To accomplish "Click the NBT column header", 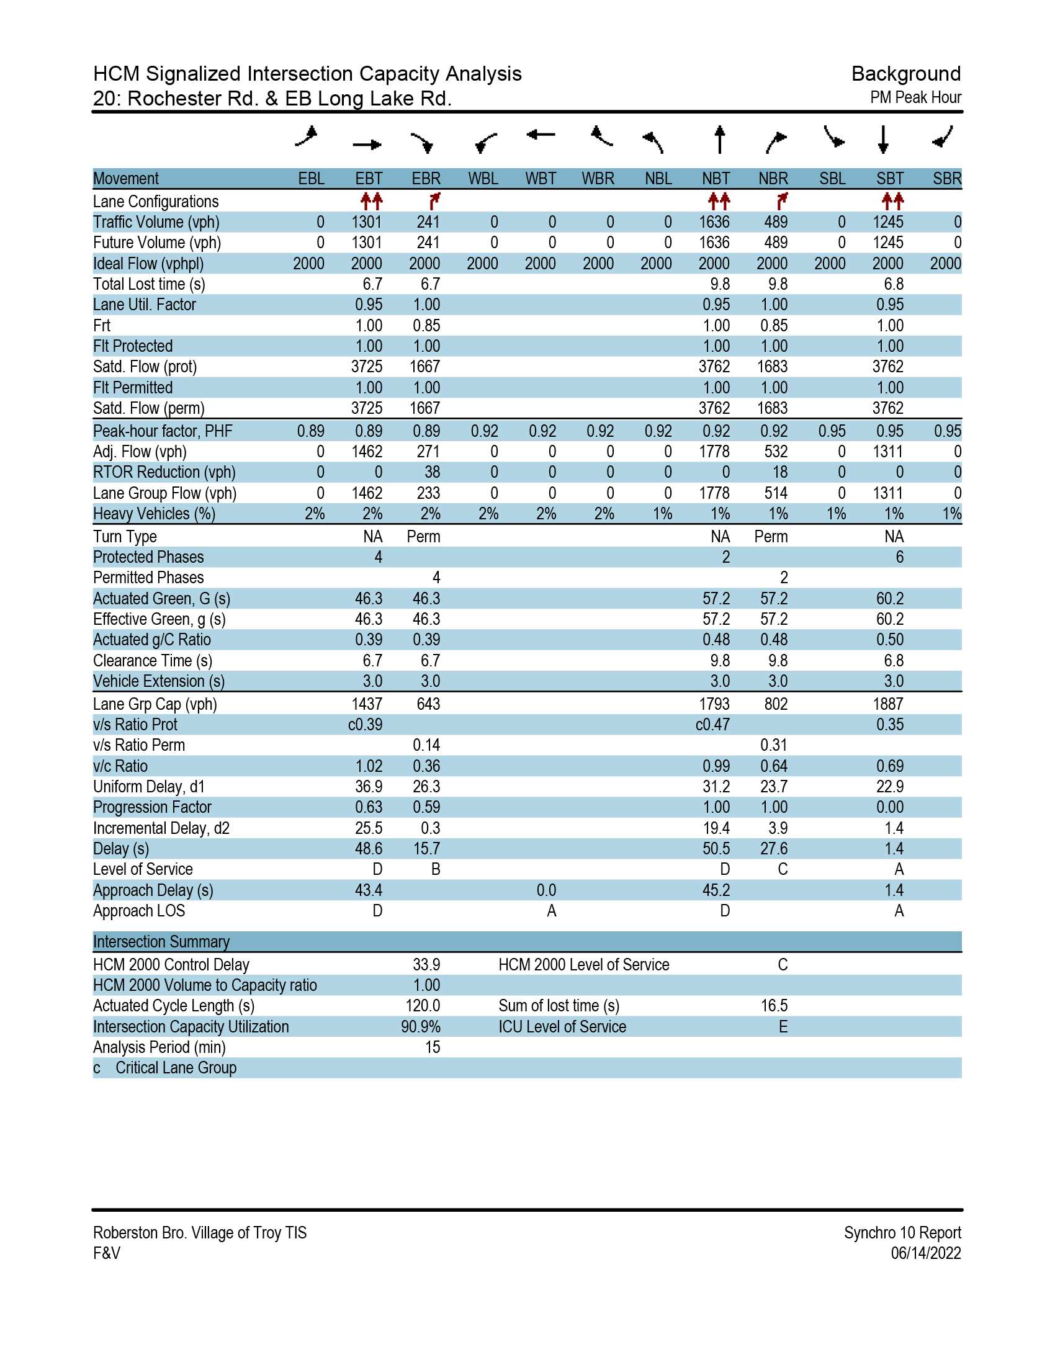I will pyautogui.click(x=715, y=179).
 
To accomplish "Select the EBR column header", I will pyautogui.click(x=426, y=179).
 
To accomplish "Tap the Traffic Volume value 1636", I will pyautogui.click(x=714, y=222).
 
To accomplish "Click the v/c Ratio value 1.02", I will pyautogui.click(x=369, y=766).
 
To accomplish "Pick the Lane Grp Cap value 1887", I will pyautogui.click(x=887, y=704).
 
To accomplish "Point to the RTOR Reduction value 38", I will pyautogui.click(x=432, y=472).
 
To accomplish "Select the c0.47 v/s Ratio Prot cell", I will pyautogui.click(x=712, y=724).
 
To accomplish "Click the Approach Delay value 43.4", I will pyautogui.click(x=369, y=890).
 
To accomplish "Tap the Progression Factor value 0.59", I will pyautogui.click(x=426, y=807).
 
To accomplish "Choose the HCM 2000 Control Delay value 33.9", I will pyautogui.click(x=426, y=964).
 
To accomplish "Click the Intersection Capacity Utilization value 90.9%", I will pyautogui.click(x=421, y=1026).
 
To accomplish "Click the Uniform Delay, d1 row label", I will pyautogui.click(x=149, y=786).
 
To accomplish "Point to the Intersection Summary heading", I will pyautogui.click(x=161, y=941).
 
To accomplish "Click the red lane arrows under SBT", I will pyautogui.click(x=892, y=201).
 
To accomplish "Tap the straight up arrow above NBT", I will pyautogui.click(x=719, y=140).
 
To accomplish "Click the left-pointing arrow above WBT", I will pyautogui.click(x=541, y=135).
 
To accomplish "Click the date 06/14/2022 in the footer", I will pyautogui.click(x=926, y=1253).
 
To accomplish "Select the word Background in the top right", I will pyautogui.click(x=905, y=74).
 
